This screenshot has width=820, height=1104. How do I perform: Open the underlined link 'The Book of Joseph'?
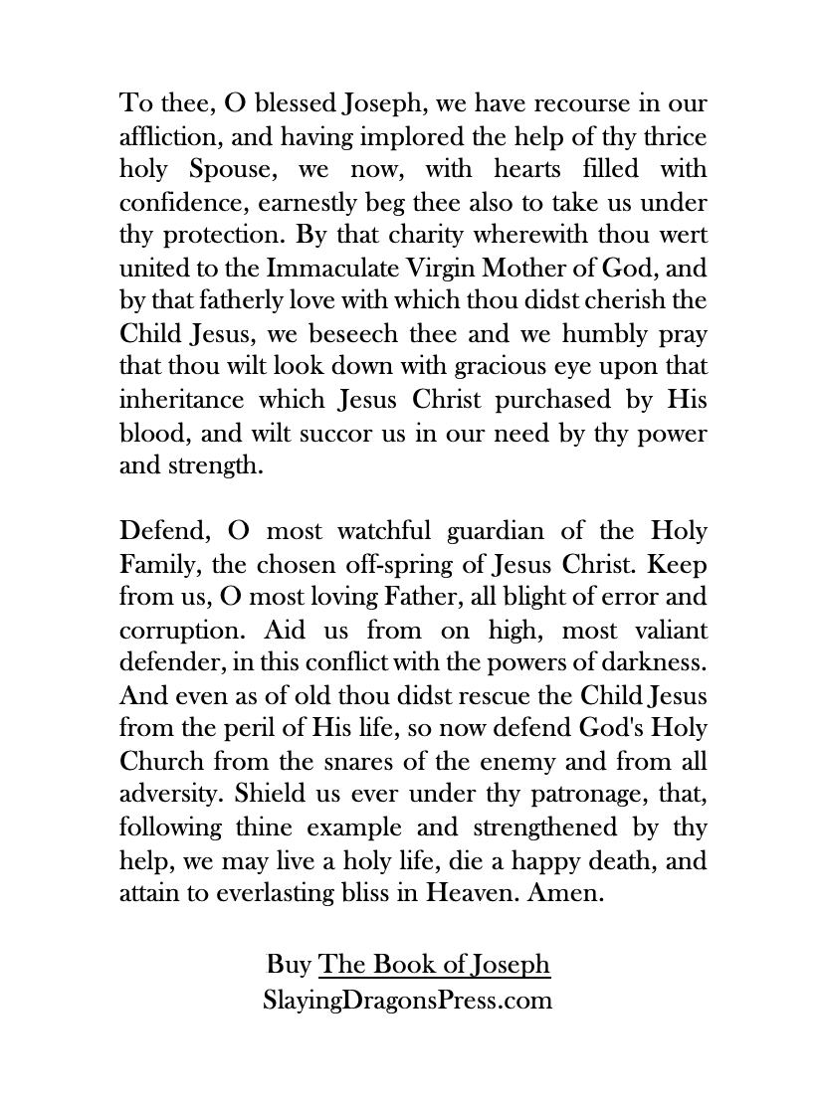(434, 965)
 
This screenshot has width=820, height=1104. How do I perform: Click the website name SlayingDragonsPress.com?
(407, 999)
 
